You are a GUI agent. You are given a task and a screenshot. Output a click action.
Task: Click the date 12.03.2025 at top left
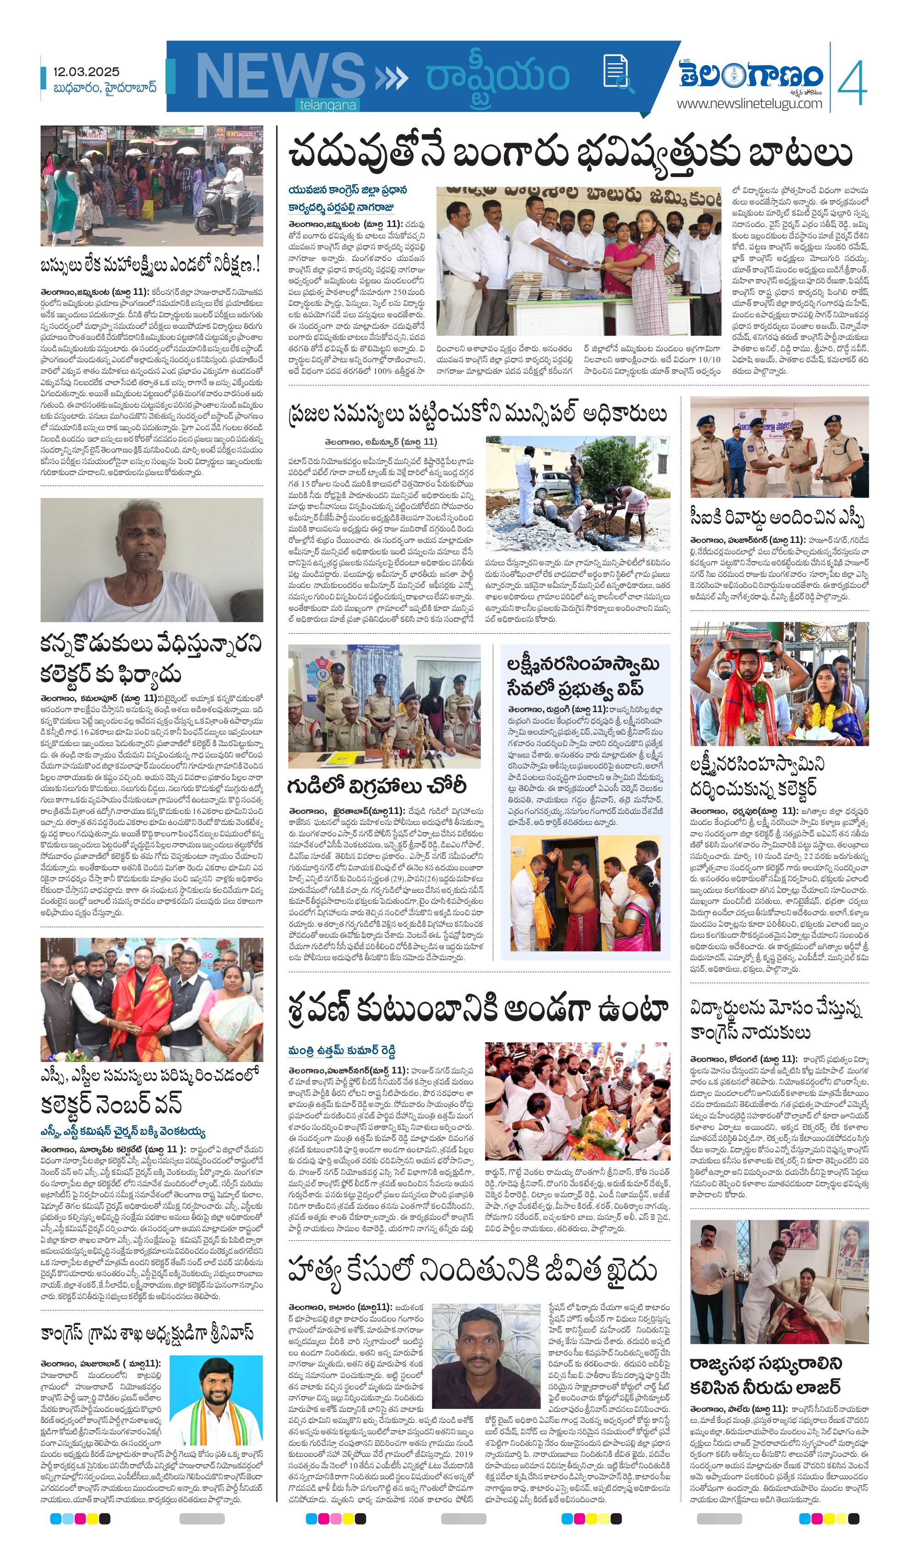[86, 72]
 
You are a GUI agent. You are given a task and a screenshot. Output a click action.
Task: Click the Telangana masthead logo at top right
[751, 75]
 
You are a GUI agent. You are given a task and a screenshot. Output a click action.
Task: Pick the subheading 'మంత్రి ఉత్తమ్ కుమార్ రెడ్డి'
[342, 1051]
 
